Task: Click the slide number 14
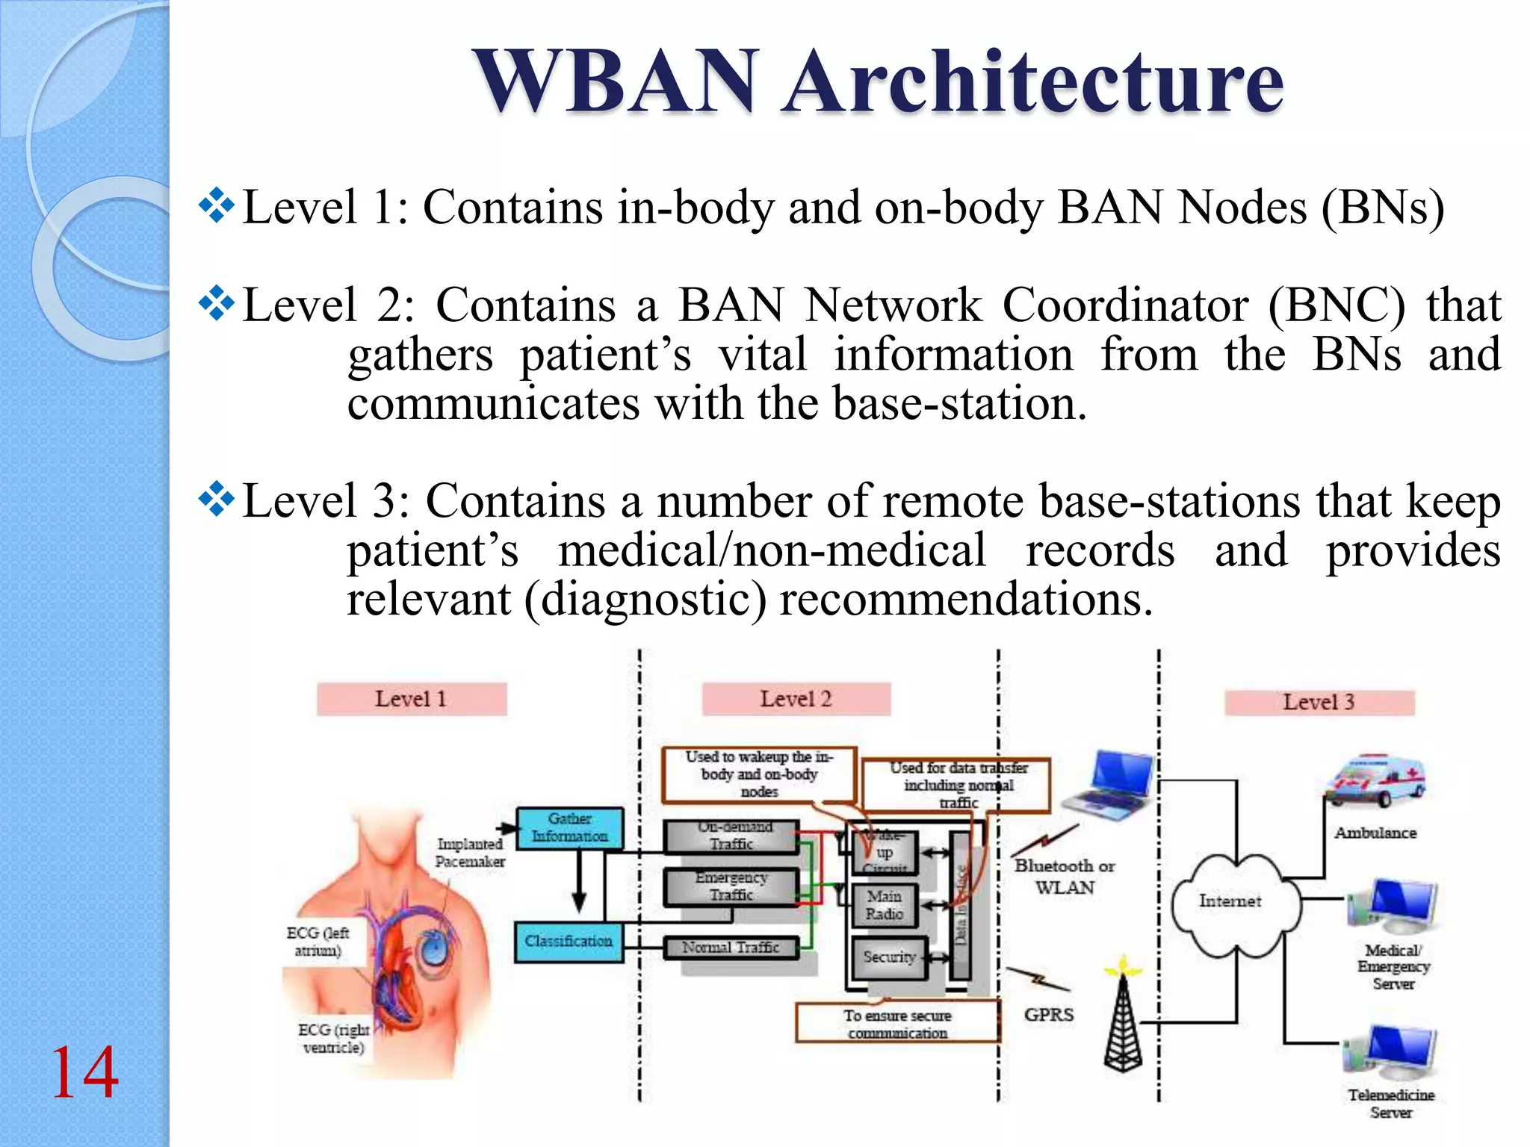(84, 1072)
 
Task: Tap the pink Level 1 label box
(412, 699)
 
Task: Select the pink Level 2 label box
(796, 699)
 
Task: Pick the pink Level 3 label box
(1319, 702)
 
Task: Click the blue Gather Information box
(569, 828)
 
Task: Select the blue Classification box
(569, 942)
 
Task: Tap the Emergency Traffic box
(731, 886)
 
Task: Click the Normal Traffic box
(731, 948)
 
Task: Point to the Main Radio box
(885, 905)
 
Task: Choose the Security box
(889, 957)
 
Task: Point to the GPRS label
(1048, 1015)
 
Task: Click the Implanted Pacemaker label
(470, 852)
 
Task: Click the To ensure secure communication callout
(897, 1024)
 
